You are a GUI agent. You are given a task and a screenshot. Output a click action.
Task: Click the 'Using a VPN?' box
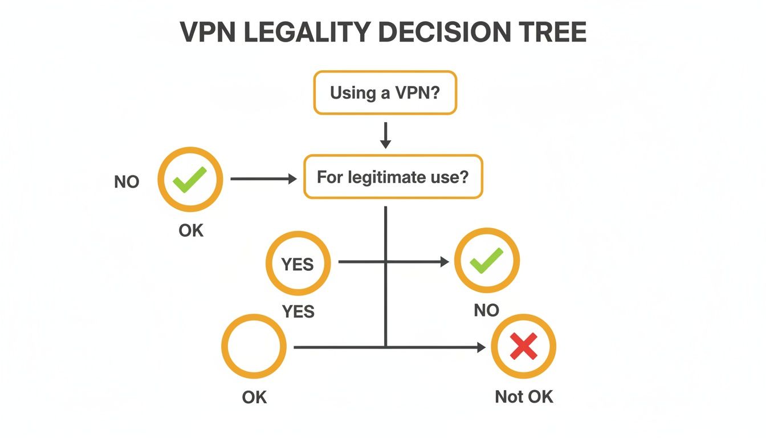tap(385, 93)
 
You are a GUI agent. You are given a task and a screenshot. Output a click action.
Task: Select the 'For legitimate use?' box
tap(393, 177)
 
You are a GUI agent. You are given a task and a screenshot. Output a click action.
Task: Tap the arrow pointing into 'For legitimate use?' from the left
tap(264, 179)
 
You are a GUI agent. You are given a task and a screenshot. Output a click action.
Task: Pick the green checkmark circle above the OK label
tap(190, 181)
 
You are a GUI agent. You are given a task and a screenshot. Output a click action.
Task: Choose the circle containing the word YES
tap(298, 264)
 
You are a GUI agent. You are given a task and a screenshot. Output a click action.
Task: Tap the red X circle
tap(523, 346)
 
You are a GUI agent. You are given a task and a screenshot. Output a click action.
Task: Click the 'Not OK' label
tap(524, 396)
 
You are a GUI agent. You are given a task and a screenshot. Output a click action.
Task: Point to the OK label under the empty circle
tap(254, 396)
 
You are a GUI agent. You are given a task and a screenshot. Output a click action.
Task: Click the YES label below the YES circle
tap(298, 311)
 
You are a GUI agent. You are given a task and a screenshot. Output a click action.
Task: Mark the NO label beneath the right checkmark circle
tap(486, 310)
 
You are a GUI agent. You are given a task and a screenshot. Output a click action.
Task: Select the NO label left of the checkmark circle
tap(127, 182)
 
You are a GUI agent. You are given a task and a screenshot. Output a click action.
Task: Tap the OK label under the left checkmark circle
tap(191, 232)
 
